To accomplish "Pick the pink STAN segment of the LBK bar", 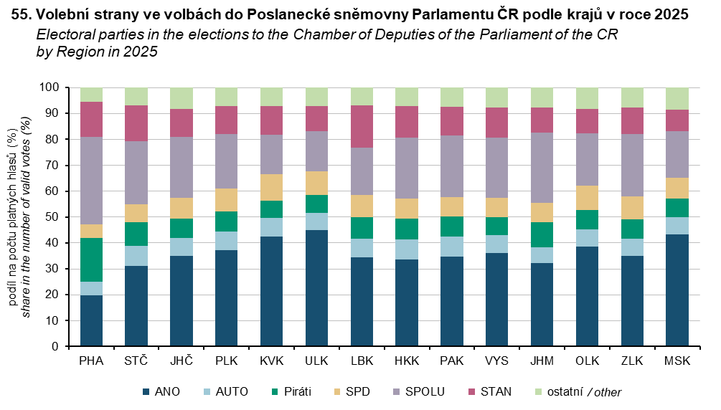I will point(362,126).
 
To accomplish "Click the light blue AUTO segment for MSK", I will point(677,226).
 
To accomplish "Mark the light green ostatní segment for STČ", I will point(136,97).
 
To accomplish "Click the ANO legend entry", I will point(161,391).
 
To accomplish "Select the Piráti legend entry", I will point(290,391).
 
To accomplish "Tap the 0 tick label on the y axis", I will point(54,347).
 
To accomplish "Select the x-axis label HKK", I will point(407,361).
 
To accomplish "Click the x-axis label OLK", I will point(587,361).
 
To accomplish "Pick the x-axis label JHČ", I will point(182,361).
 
